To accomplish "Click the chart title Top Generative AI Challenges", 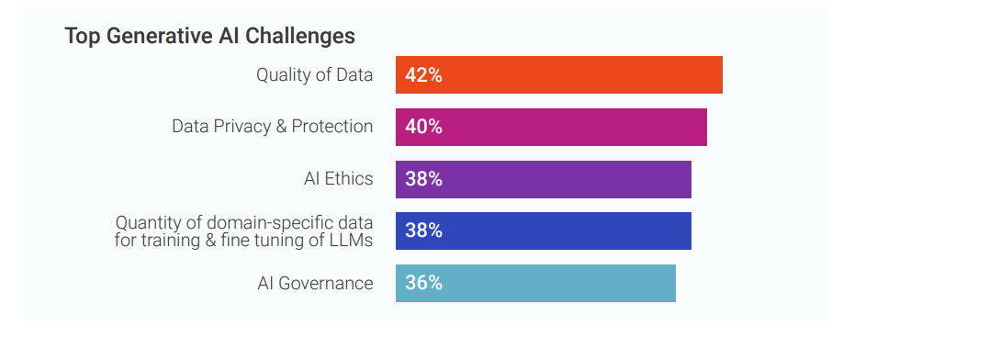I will (209, 36).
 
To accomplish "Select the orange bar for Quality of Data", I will (558, 75).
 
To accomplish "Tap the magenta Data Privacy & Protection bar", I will (551, 127).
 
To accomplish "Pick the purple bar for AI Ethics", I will (543, 179).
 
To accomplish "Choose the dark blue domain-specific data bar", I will (543, 231).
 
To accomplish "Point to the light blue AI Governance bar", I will (535, 283).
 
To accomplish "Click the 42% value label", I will (423, 75).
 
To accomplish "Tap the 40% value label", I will (423, 127).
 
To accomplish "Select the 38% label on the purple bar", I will (423, 179).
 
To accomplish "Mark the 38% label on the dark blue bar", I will (423, 231).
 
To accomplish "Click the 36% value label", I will (423, 283).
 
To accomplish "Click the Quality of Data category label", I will (314, 75).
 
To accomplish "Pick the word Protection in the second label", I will (332, 127).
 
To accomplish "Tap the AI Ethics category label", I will (338, 179).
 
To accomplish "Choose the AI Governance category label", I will (315, 283).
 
